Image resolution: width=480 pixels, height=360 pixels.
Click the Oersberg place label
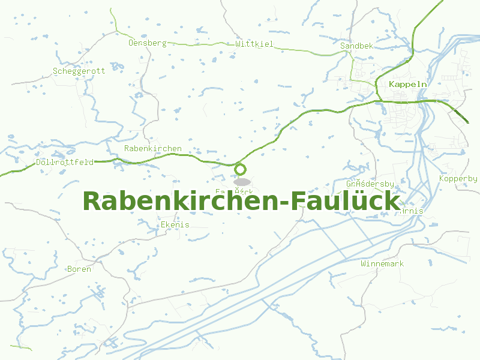pos(147,43)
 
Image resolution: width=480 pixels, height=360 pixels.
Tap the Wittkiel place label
pos(254,44)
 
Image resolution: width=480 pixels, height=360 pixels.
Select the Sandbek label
pos(356,46)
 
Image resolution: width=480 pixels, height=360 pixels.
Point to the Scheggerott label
pos(79,71)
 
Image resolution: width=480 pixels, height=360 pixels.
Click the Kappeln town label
pos(408,84)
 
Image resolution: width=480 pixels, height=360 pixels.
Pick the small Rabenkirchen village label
pos(153,148)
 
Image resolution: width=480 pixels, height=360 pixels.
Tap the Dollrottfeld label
pos(65,163)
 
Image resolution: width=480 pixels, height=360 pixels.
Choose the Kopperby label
pos(458,178)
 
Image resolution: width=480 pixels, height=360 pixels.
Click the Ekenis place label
pos(175,224)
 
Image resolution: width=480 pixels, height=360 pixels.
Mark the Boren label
pos(79,269)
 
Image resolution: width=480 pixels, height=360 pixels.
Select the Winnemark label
pos(382,263)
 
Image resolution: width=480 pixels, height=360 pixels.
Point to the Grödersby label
pos(370,184)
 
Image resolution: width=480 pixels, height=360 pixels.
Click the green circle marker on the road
pos(241,169)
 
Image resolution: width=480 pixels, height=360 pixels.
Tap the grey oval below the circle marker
pos(242,181)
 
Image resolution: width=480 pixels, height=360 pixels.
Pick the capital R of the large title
pos(93,201)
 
